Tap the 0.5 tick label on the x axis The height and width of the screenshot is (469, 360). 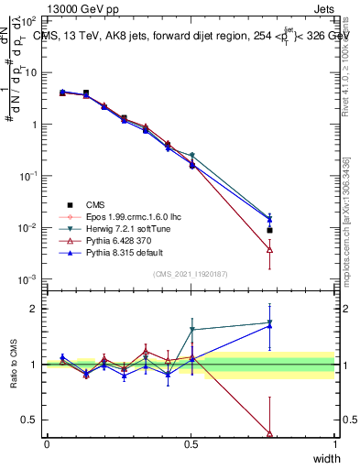[x=191, y=444]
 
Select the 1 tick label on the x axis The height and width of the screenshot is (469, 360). [x=334, y=444]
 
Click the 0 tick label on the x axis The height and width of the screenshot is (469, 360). [x=47, y=444]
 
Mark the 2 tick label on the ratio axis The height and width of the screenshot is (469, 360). [x=34, y=309]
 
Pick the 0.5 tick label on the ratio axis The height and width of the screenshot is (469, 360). [x=29, y=420]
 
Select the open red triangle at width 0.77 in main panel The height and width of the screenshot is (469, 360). [x=269, y=248]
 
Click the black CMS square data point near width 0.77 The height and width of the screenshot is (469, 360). [x=269, y=230]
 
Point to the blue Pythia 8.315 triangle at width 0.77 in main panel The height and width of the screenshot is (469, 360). [x=269, y=218]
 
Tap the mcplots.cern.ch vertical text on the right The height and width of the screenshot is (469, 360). [x=351, y=220]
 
